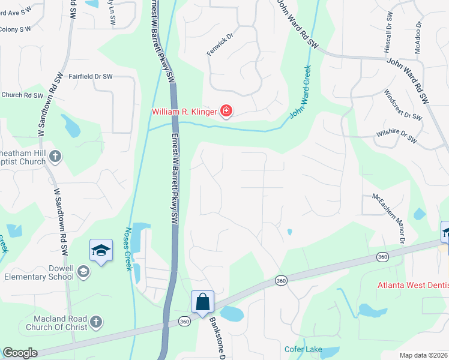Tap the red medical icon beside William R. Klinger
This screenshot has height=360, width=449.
pos(226,110)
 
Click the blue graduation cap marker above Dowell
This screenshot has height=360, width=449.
pos(101,250)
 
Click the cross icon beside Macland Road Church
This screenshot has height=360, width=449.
pos(96,323)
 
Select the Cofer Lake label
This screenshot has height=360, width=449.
pos(303,349)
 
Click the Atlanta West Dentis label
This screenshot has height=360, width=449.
pos(413,285)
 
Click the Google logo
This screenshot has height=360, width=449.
pos(20,353)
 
